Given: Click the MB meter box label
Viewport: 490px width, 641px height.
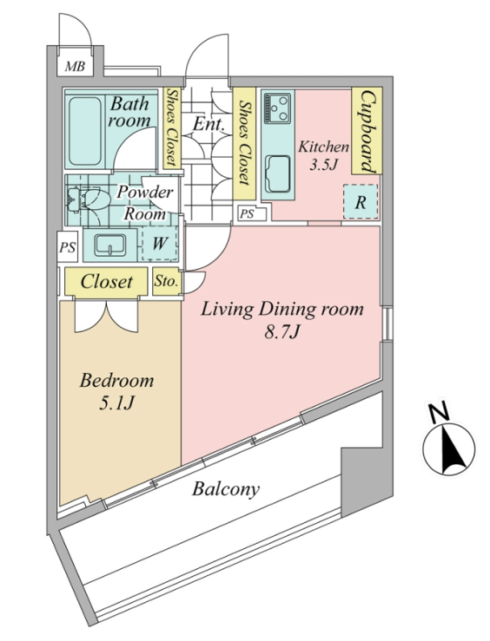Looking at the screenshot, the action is pos(75,66).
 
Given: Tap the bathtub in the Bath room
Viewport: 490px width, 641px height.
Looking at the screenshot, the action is pos(85,131).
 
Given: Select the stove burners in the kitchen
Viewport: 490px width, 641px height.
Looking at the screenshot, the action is pos(277,108).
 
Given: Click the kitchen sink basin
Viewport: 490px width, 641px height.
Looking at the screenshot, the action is pos(278,174).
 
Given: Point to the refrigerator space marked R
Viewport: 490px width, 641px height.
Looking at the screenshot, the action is pos(361,201).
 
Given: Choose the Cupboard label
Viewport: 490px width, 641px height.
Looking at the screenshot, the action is pos(367,131).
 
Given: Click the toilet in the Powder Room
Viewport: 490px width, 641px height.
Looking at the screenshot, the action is pos(83,199).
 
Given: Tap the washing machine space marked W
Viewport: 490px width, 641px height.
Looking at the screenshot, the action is pos(160,243).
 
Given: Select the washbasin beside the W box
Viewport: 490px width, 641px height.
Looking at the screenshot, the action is pos(110,245).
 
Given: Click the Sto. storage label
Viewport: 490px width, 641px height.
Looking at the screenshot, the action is pos(166,281).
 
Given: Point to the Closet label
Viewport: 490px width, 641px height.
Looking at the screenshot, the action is pos(107,281).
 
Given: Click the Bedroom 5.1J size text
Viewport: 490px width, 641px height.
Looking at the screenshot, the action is pos(116,403).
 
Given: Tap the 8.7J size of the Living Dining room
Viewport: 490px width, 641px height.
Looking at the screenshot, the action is pos(282,332).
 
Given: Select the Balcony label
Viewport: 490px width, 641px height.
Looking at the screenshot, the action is pos(226,489).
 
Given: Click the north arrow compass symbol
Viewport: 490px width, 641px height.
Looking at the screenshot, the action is pos(448,448).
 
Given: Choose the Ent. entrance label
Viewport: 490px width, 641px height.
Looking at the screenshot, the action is pos(209,123).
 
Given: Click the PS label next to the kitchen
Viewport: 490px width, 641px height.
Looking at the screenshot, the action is pos(247,213).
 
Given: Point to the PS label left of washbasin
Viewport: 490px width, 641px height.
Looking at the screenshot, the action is pos(68,246).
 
